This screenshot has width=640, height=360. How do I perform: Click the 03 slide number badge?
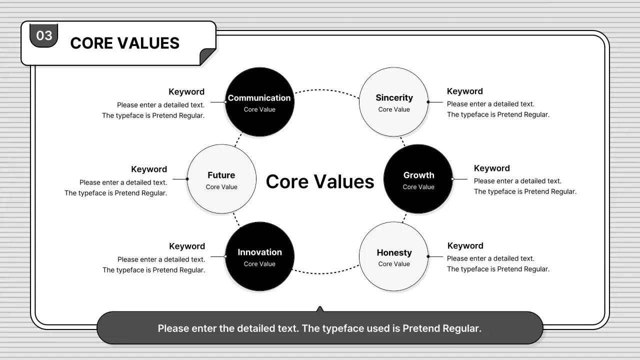(x=44, y=35)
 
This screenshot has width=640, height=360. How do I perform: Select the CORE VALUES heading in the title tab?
(x=124, y=43)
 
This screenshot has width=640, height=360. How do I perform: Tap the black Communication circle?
(x=259, y=102)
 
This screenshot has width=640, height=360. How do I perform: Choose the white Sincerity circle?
(x=394, y=102)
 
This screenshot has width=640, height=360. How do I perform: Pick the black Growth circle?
(x=418, y=179)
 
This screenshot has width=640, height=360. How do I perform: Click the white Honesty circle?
(x=394, y=256)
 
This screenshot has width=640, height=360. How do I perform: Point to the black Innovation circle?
(x=259, y=256)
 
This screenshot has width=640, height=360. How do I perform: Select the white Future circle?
(x=221, y=179)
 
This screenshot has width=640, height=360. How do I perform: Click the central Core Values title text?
(x=320, y=181)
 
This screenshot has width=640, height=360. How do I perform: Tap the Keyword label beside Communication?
(x=186, y=92)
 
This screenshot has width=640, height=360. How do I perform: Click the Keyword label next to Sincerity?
(x=465, y=91)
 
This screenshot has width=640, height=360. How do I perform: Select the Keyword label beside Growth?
(x=492, y=168)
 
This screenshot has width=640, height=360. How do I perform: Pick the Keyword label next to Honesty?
(x=465, y=246)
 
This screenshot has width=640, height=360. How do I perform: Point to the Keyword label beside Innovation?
(x=187, y=246)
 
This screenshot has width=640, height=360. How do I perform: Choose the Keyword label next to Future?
(x=149, y=169)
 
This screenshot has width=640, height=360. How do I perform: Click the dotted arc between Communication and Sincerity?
(x=326, y=90)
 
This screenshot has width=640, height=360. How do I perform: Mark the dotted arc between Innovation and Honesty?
(x=326, y=273)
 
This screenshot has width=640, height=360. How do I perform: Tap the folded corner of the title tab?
(x=207, y=57)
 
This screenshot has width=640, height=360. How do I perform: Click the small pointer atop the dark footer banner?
(x=320, y=309)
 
